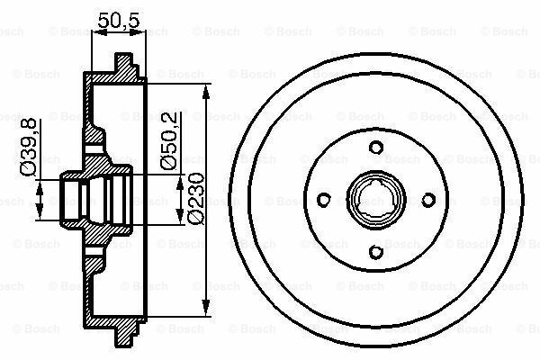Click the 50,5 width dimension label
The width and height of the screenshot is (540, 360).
click(x=119, y=20)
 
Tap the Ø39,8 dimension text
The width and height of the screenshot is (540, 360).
click(x=28, y=148)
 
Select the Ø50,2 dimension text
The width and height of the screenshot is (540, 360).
click(x=169, y=141)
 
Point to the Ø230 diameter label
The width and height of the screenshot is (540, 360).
click(x=196, y=199)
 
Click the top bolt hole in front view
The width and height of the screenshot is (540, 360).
click(x=376, y=148)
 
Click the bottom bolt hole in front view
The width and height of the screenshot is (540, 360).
click(x=376, y=252)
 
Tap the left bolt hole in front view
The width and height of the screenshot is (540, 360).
click(x=324, y=200)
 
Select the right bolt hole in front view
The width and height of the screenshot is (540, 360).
click(x=428, y=200)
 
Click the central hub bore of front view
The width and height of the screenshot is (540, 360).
click(x=376, y=200)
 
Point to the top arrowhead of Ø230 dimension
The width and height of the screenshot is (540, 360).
click(x=206, y=93)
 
